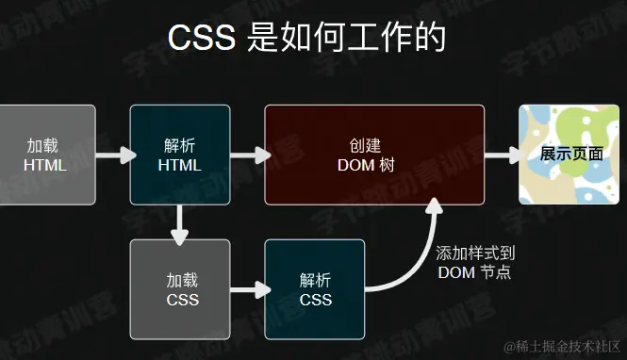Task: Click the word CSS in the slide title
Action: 203,39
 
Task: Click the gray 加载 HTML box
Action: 47,155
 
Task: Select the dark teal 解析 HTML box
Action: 179,155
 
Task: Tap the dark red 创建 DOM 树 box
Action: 373,155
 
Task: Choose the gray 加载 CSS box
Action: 179,289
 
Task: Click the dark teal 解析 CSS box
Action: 314,289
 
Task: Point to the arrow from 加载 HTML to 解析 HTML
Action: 112,155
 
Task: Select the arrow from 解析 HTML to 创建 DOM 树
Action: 247,155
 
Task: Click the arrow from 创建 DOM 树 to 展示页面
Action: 502,155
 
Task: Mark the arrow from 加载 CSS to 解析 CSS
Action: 247,289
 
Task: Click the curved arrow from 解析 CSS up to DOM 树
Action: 415,254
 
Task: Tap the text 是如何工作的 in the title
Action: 345,39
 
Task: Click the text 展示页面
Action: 572,154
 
